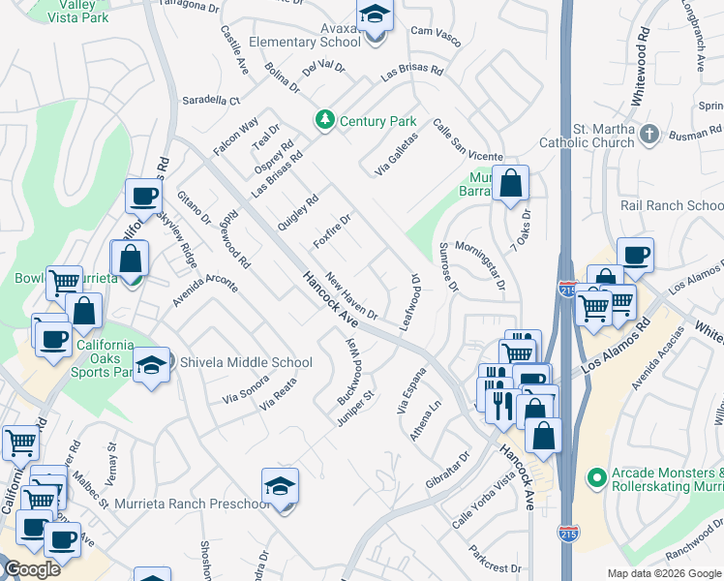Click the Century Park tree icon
point(324,120)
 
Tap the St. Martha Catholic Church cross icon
point(649,135)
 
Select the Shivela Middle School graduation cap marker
point(151,364)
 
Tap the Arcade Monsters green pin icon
point(595,477)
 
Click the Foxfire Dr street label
point(332,229)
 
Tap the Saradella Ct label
point(210,100)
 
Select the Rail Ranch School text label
point(672,205)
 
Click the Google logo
point(31,568)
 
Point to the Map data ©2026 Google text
point(664,573)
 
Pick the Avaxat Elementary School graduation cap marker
point(374,17)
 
